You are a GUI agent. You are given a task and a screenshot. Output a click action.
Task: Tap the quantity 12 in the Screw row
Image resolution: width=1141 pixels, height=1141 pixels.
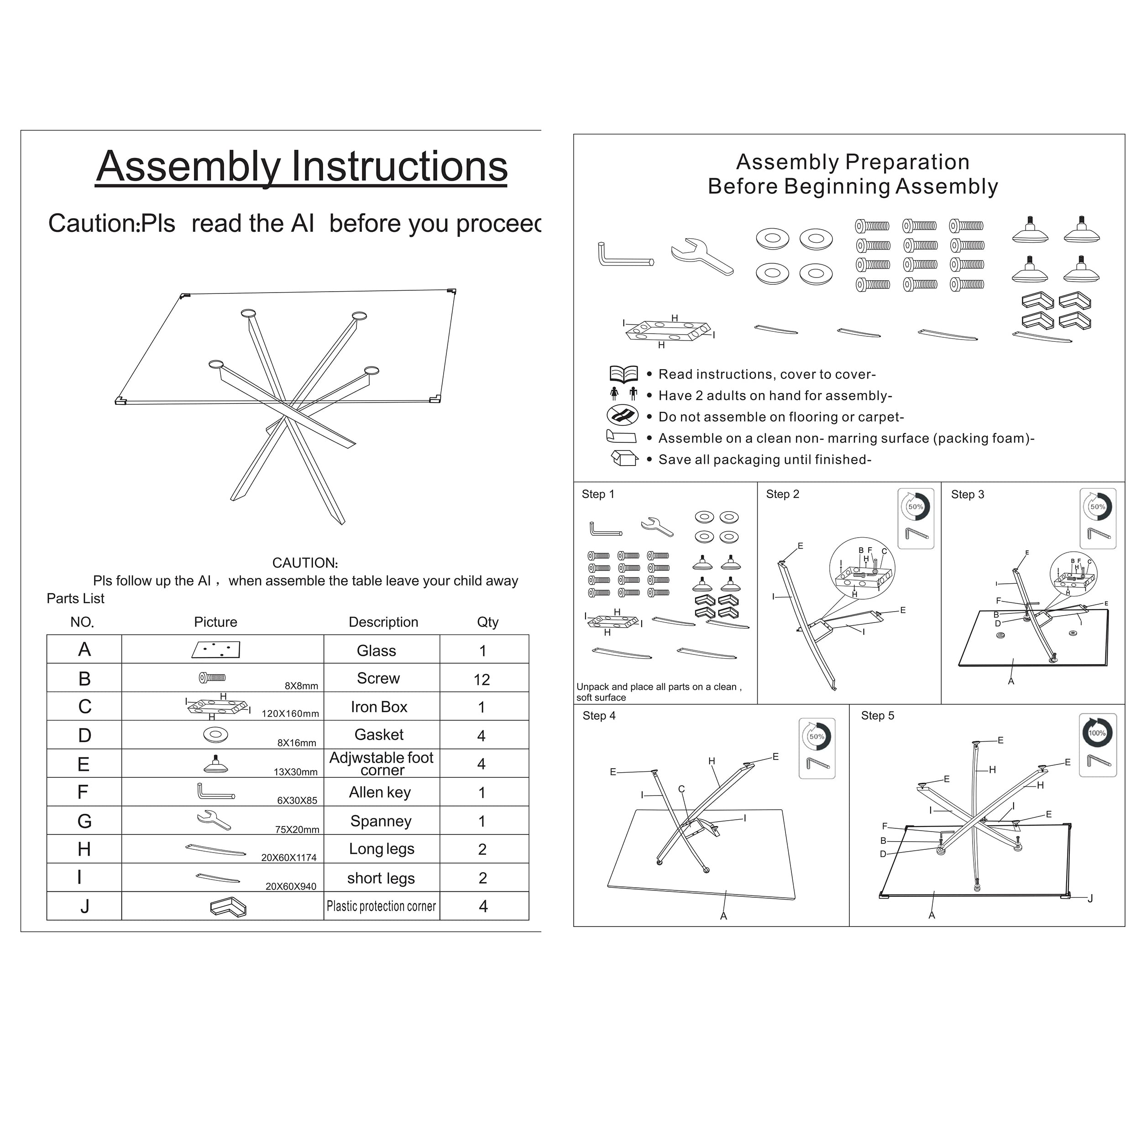[482, 680]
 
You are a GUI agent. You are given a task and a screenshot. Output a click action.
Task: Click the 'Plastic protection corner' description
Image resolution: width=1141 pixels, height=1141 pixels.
[381, 906]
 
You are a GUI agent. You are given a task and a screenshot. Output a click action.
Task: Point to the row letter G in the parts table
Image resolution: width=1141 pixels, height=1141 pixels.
[84, 821]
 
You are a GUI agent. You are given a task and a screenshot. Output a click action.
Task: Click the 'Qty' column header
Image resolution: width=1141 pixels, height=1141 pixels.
[487, 622]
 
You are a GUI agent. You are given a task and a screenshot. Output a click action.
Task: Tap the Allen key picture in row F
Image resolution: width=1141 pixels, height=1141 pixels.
[215, 791]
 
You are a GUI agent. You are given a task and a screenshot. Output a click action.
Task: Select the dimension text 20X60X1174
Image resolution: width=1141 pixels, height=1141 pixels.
[289, 858]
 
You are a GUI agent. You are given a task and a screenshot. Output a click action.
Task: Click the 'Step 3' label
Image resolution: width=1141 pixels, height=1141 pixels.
[968, 495]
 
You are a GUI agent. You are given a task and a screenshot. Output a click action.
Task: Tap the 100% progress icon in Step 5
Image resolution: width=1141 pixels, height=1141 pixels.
[1097, 733]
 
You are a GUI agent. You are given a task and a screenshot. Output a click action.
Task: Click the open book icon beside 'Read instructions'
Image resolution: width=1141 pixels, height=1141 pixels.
[623, 374]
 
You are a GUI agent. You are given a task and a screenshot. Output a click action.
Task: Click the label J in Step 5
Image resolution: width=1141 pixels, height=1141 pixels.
[1090, 898]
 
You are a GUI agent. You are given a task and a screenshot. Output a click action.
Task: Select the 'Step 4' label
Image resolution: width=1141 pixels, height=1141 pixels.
[599, 716]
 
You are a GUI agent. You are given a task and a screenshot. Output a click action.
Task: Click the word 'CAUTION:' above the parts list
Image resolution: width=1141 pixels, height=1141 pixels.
[305, 563]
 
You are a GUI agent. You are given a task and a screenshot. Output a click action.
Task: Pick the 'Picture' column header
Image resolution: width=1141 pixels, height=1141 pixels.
[215, 622]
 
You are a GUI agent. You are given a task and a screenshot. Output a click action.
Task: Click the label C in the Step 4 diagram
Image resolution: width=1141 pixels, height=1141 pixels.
[681, 789]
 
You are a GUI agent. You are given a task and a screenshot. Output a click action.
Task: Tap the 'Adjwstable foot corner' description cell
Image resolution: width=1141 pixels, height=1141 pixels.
[382, 764]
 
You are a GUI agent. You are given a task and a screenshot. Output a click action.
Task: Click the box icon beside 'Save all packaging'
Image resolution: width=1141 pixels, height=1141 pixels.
[623, 458]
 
